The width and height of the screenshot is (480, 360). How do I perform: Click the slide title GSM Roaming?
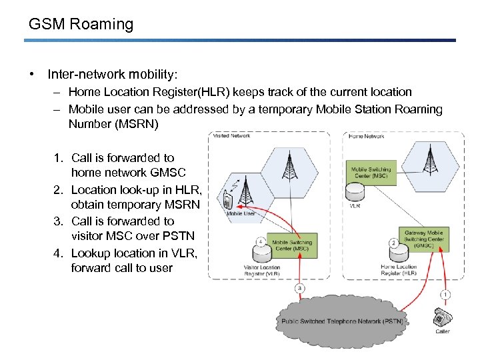[x=81, y=25]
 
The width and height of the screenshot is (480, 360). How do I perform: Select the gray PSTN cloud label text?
[x=341, y=321]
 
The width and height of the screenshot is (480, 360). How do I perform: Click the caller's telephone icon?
[x=441, y=316]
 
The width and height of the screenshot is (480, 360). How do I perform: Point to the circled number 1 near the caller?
[x=445, y=294]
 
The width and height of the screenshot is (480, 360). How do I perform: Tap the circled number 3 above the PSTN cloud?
[x=300, y=288]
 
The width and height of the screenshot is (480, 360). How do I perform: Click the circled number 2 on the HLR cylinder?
[x=394, y=243]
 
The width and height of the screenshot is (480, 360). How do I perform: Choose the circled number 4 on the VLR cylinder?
[x=261, y=242]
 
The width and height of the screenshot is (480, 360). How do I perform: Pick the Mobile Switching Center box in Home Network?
[x=371, y=173]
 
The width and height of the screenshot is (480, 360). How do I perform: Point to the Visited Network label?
[x=230, y=136]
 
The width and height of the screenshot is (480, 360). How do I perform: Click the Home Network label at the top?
[x=366, y=136]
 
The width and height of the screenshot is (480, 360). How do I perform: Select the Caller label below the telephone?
[x=443, y=331]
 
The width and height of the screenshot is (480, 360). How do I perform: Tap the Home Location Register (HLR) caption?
[x=399, y=270]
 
